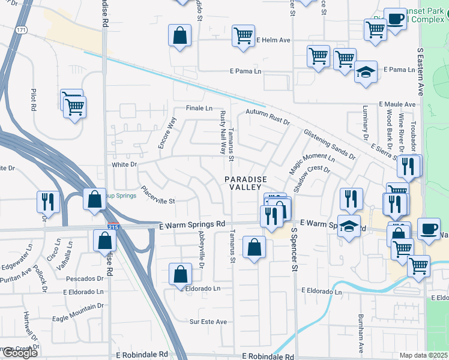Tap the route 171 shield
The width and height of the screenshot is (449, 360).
coord(22,29)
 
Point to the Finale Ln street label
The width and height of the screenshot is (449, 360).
coord(199,109)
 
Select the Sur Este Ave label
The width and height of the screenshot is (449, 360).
coord(208,322)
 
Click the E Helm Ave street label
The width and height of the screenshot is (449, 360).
coord(273,40)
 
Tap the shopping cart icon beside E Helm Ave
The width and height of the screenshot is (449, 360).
coord(243,36)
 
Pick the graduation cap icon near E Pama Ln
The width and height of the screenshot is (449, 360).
coord(365,72)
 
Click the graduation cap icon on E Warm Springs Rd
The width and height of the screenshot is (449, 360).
coord(349,226)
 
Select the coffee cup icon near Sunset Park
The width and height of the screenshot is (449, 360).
coord(394,19)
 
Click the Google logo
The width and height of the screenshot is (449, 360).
coord(20,352)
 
